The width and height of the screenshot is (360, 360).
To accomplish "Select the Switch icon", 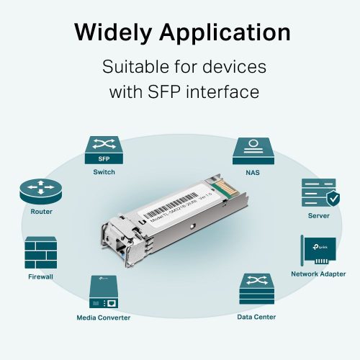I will [104, 150].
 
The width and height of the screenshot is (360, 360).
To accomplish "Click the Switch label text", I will [104, 172].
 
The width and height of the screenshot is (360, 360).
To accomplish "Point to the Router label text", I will [41, 212].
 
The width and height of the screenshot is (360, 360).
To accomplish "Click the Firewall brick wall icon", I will [42, 252].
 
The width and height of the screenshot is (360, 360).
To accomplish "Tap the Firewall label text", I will [42, 276].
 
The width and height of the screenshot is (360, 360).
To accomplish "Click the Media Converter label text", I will [104, 318].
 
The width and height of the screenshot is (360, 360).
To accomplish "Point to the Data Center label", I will [256, 317].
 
